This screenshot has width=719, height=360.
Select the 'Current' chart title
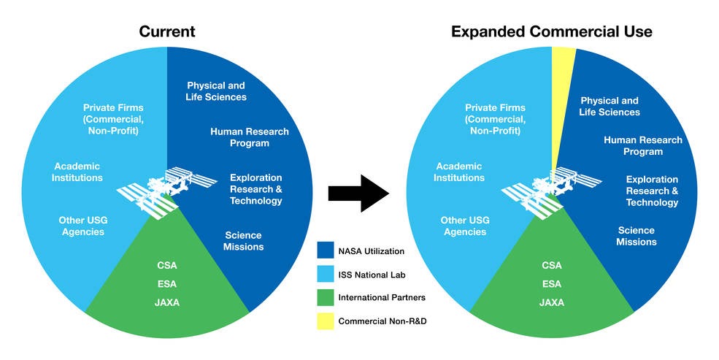pyautogui.click(x=168, y=31)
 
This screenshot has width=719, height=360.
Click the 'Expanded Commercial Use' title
pyautogui.click(x=551, y=31)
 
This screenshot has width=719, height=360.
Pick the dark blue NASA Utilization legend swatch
pyautogui.click(x=326, y=251)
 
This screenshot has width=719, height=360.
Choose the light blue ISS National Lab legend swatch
pyautogui.click(x=326, y=275)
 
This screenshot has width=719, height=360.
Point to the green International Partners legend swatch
pyautogui.click(x=326, y=298)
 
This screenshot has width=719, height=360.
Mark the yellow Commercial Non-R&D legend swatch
pyautogui.click(x=326, y=321)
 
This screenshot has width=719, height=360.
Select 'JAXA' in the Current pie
pyautogui.click(x=167, y=302)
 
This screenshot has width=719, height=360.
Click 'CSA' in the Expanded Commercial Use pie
pyautogui.click(x=552, y=266)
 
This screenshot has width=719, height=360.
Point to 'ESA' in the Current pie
pyautogui.click(x=167, y=283)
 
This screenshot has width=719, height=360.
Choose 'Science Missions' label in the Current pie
pyautogui.click(x=243, y=241)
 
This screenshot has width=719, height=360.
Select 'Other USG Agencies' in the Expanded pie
pyautogui.click(x=464, y=226)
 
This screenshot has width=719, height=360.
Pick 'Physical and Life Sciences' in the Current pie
pyautogui.click(x=216, y=91)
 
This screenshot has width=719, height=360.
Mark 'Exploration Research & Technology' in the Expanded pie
pyautogui.click(x=652, y=191)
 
